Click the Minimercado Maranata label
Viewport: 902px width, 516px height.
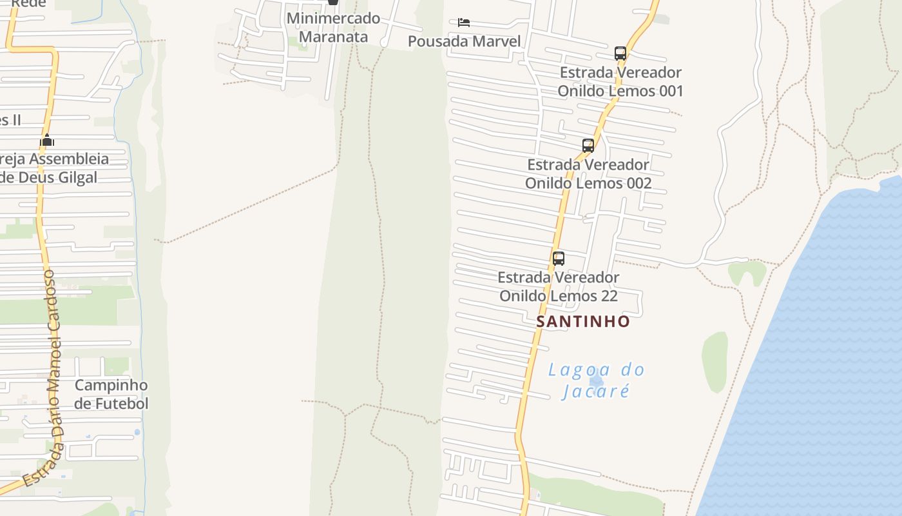[333, 27]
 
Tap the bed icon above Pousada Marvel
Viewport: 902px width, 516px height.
[463, 23]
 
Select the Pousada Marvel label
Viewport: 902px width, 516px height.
[464, 41]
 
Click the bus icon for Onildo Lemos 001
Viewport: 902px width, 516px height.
[620, 54]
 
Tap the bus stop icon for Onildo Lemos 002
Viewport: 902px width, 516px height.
[588, 146]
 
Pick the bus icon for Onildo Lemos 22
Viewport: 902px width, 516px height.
[559, 259]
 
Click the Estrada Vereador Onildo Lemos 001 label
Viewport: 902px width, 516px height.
[620, 81]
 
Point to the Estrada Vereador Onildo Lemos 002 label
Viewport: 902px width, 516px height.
[588, 174]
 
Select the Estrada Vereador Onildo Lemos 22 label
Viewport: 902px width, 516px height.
[559, 286]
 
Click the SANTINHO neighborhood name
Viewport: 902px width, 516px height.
[583, 321]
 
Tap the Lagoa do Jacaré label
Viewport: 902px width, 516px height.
[596, 381]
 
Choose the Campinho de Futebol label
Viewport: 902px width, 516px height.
[111, 394]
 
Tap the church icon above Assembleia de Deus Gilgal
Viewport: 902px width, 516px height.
[47, 140]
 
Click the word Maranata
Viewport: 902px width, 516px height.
[333, 36]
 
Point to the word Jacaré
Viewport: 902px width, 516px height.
[595, 392]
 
